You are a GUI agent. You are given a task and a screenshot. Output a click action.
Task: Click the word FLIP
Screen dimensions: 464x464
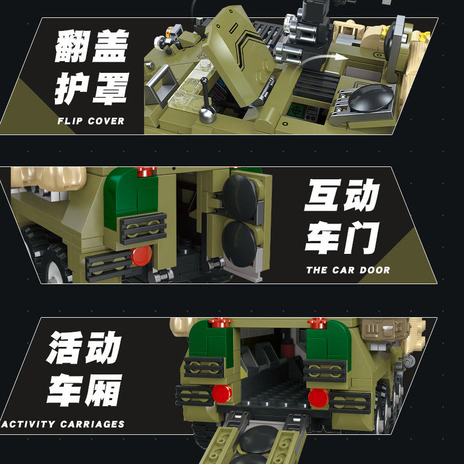click(x=70, y=120)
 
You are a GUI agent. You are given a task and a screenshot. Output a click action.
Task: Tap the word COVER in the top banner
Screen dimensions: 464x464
click(x=105, y=120)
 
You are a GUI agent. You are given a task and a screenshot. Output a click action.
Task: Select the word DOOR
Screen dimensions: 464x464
click(x=374, y=270)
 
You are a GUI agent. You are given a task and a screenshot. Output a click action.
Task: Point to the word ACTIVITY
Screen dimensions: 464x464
click(x=28, y=424)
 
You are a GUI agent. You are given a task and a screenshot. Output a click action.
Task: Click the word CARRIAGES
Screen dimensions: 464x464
click(x=92, y=424)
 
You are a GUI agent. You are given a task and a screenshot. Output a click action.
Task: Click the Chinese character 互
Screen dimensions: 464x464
click(x=323, y=196)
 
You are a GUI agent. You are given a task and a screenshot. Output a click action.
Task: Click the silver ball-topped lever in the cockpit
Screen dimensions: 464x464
click(x=206, y=114)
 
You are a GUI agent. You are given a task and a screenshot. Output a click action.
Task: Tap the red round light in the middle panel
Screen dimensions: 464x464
click(x=142, y=256)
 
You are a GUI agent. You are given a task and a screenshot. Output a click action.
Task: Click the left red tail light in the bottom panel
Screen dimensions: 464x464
click(x=222, y=393)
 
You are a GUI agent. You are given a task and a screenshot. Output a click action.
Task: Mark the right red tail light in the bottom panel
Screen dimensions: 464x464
click(x=318, y=397)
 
